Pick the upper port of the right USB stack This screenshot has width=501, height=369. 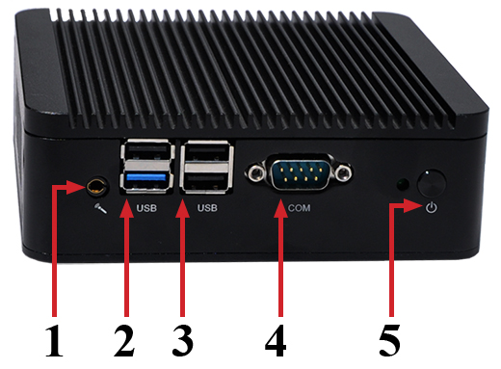click(x=208, y=155)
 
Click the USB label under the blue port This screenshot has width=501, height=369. click(x=146, y=207)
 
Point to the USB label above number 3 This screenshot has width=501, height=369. click(x=207, y=207)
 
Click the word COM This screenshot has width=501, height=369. click(x=299, y=207)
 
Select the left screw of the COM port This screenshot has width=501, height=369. click(x=256, y=174)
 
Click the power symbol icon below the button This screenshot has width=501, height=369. click(x=431, y=207)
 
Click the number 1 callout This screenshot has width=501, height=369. click(x=54, y=340)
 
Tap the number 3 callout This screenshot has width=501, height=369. click(x=181, y=340)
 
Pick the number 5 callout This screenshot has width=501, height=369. click(x=390, y=340)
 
